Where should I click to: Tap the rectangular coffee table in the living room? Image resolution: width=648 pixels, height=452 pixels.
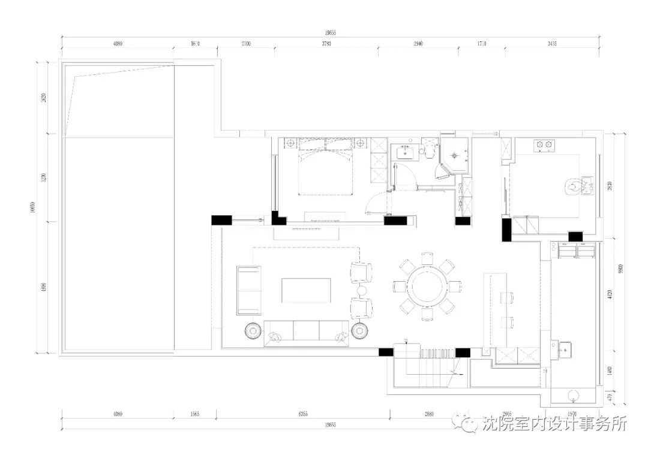click(x=307, y=290)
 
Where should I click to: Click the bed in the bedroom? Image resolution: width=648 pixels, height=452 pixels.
click(x=326, y=171)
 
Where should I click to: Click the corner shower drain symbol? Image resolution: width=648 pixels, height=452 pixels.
click(x=455, y=154)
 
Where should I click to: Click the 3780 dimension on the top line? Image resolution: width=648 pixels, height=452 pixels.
click(x=326, y=44)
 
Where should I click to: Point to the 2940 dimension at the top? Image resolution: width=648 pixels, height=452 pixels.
click(x=418, y=44)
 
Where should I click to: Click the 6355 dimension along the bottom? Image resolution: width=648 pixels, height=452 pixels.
click(x=303, y=414)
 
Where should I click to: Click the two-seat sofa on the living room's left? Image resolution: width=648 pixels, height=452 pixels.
click(x=248, y=291)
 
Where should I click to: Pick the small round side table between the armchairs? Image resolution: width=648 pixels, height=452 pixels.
click(x=362, y=291)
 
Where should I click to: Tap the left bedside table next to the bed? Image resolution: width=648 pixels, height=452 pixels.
click(x=291, y=144)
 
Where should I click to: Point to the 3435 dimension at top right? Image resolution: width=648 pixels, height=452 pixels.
click(x=551, y=44)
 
